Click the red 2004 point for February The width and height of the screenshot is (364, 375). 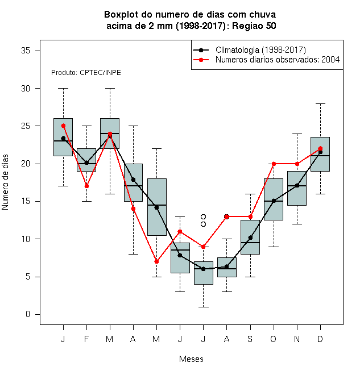click(x=86, y=186)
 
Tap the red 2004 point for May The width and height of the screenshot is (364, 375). click(x=156, y=261)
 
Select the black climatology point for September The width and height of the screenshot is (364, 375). click(x=250, y=238)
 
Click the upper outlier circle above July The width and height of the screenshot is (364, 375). click(x=203, y=216)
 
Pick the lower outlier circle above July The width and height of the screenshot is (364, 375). click(x=203, y=224)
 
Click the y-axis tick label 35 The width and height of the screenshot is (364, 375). click(x=26, y=51)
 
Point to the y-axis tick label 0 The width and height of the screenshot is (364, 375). click(x=28, y=314)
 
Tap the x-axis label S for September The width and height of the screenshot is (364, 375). click(x=250, y=339)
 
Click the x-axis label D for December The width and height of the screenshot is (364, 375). click(x=320, y=339)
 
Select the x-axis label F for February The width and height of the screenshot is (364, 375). click(x=86, y=339)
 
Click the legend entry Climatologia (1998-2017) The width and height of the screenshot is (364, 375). click(x=260, y=50)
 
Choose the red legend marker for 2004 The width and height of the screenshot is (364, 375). click(x=201, y=60)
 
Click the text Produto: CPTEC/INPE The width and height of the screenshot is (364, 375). click(x=86, y=73)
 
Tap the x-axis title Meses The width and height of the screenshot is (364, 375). click(x=191, y=359)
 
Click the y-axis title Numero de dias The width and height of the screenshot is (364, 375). click(x=5, y=182)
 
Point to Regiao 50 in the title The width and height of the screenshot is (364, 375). click(x=254, y=26)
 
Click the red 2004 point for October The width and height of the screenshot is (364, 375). click(x=274, y=164)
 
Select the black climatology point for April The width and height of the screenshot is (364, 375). click(x=134, y=180)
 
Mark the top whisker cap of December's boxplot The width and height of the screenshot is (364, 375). click(x=320, y=103)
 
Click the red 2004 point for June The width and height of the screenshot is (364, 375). click(x=180, y=231)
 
